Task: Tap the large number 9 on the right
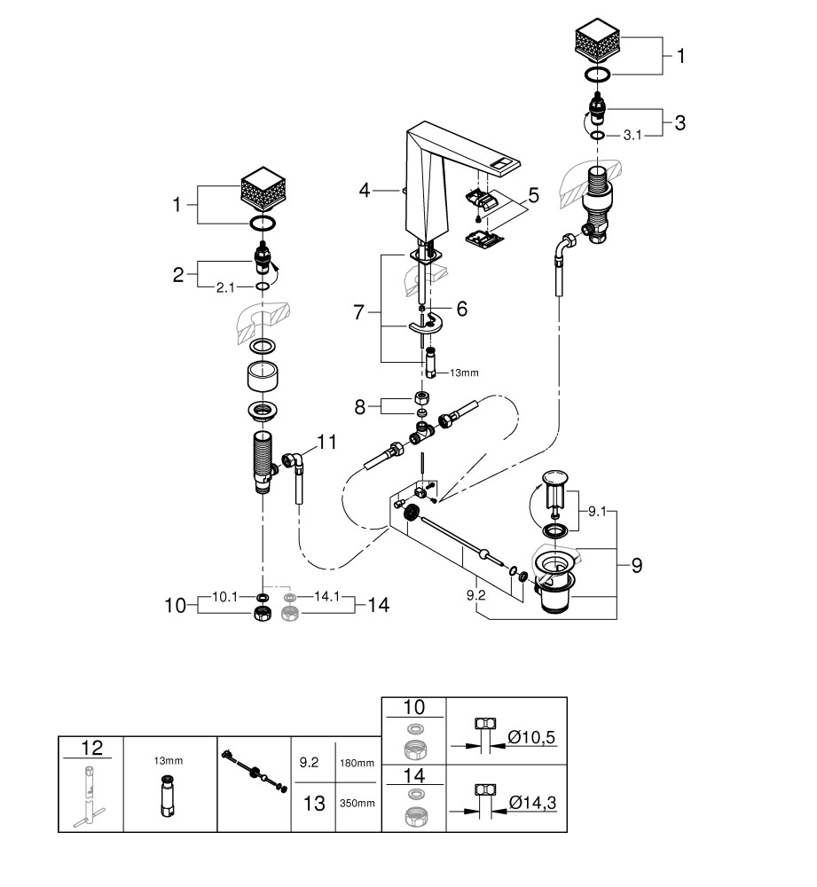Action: point(636,564)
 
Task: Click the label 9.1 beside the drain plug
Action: point(596,511)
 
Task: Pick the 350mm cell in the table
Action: point(357,804)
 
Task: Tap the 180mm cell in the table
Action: point(357,762)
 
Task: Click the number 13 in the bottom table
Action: point(313,803)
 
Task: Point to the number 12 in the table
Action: point(89,747)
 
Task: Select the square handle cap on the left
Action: point(266,190)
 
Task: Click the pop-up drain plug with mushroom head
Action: point(556,487)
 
